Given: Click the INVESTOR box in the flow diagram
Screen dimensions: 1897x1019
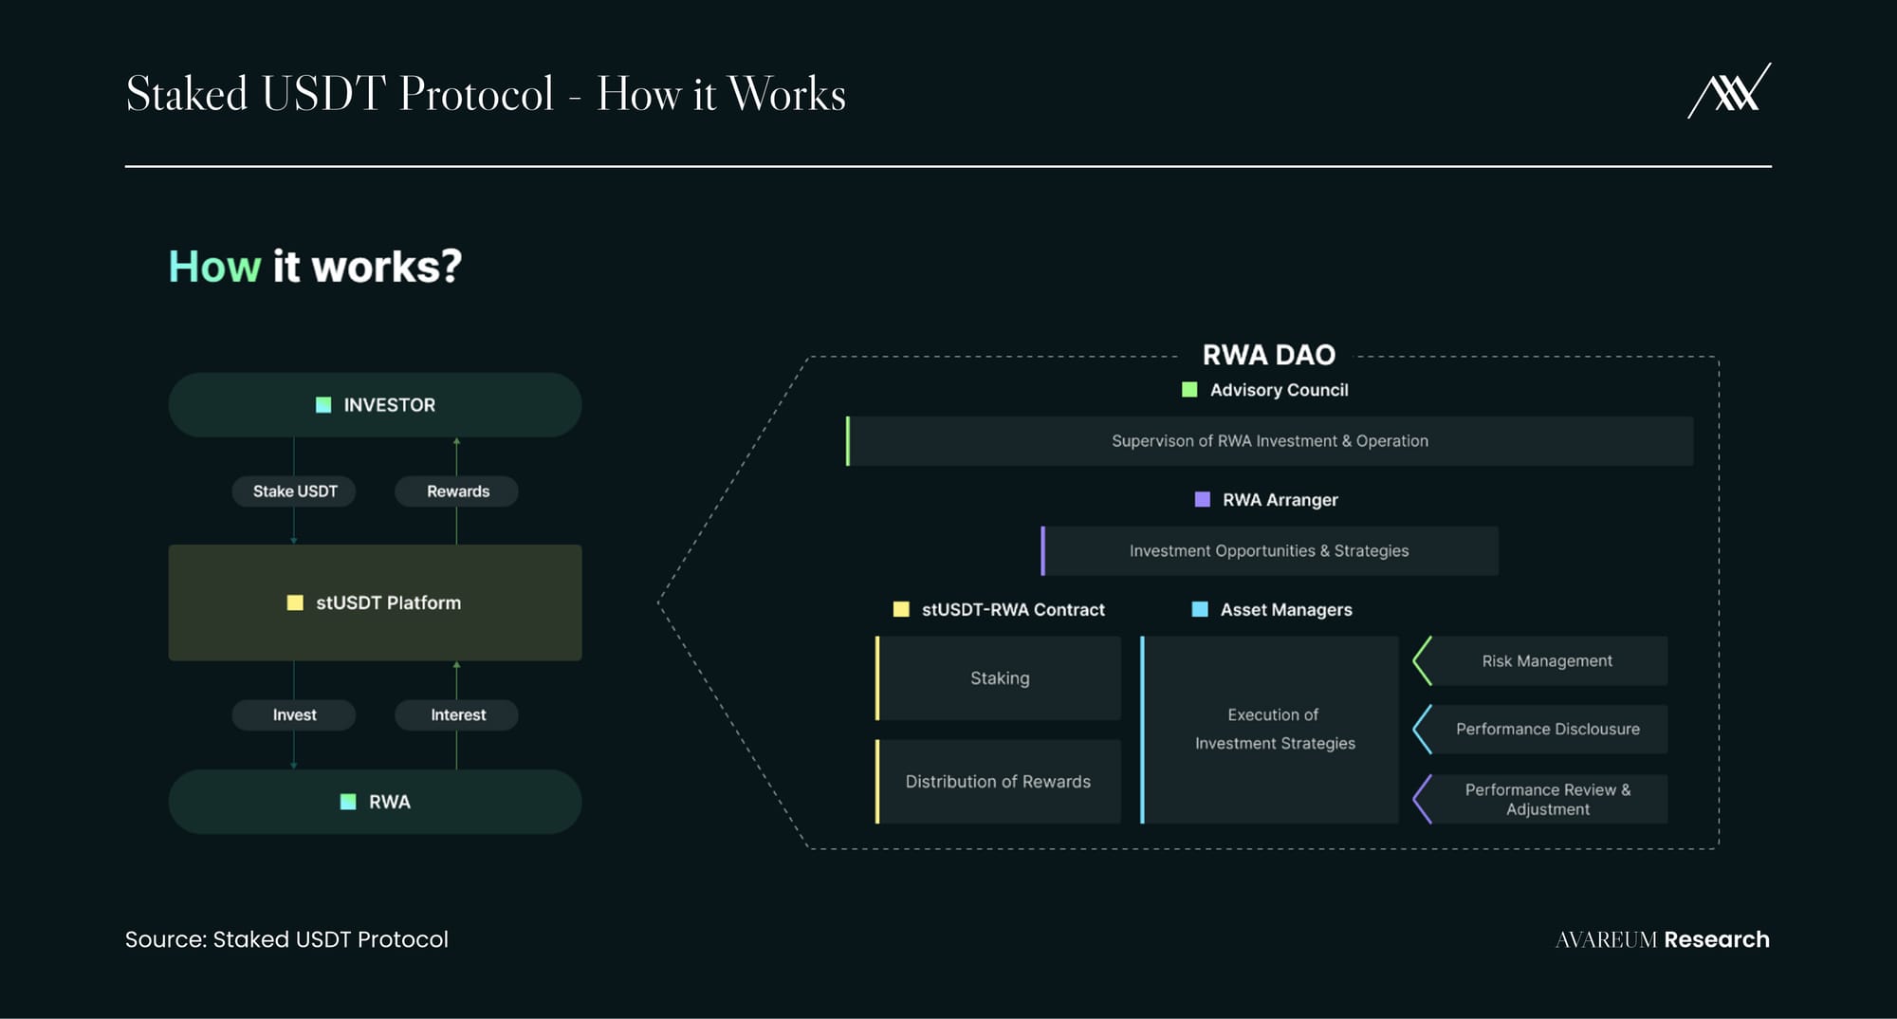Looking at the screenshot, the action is point(375,405).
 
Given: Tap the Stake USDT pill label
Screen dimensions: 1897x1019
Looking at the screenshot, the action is point(294,491).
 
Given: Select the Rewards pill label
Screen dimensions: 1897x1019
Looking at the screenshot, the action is point(457,491).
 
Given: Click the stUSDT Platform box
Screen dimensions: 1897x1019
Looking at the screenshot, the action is point(375,602).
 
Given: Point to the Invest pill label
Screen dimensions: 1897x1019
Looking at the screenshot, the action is point(294,715).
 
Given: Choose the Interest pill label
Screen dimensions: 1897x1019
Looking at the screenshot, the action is point(457,715).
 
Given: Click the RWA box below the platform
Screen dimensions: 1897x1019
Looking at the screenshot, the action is point(375,802).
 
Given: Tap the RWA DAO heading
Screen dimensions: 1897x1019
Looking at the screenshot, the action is point(1269,355).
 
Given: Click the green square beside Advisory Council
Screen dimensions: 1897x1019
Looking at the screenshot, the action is point(1189,390).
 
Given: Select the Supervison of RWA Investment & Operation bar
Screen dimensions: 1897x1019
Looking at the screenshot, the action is point(1269,441).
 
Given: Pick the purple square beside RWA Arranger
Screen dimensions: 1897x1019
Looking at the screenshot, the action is point(1202,500).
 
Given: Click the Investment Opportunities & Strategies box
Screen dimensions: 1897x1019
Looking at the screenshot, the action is point(1269,551).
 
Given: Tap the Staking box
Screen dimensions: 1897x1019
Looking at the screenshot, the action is point(998,678).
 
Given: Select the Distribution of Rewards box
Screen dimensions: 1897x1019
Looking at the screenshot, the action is point(998,782).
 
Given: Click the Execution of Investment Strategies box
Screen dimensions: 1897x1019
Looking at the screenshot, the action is point(1269,730).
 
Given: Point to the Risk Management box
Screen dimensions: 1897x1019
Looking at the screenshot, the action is point(1540,661).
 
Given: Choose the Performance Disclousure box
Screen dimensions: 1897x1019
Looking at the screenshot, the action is point(1540,730).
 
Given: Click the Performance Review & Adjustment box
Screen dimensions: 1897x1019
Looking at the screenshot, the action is point(1540,799).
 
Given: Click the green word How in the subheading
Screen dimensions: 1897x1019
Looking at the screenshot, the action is point(214,267).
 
